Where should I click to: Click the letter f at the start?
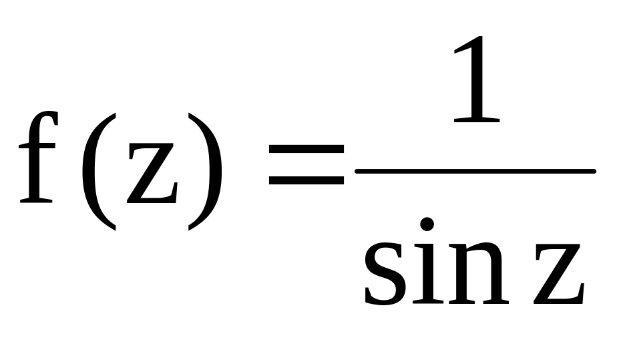[x=37, y=160]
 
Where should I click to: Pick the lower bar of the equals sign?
[x=305, y=181]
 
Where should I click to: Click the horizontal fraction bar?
[x=475, y=172]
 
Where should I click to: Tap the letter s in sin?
[x=387, y=271]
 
